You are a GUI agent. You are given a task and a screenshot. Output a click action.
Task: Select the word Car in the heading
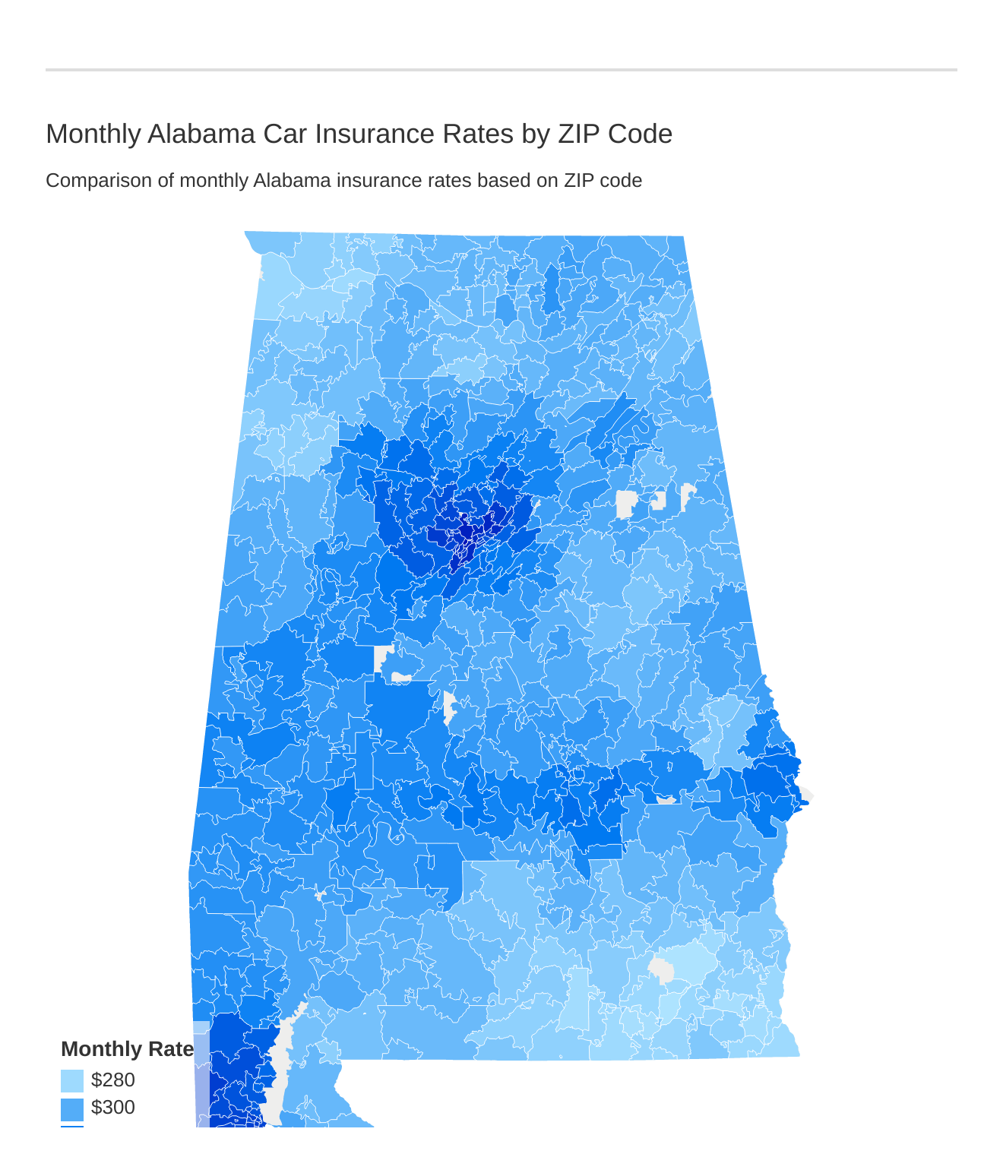click(285, 134)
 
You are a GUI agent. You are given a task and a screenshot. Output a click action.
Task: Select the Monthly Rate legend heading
click(127, 1049)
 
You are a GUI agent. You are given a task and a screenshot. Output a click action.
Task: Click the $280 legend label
click(112, 1080)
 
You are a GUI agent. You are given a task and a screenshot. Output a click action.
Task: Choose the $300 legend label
click(112, 1107)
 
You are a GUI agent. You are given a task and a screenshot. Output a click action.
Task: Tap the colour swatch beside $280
click(72, 1080)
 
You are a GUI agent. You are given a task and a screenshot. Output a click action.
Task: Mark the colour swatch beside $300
click(72, 1108)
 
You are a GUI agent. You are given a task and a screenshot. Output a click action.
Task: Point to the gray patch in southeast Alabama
click(662, 971)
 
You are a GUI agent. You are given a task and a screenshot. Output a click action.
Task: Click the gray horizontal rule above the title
click(501, 70)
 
